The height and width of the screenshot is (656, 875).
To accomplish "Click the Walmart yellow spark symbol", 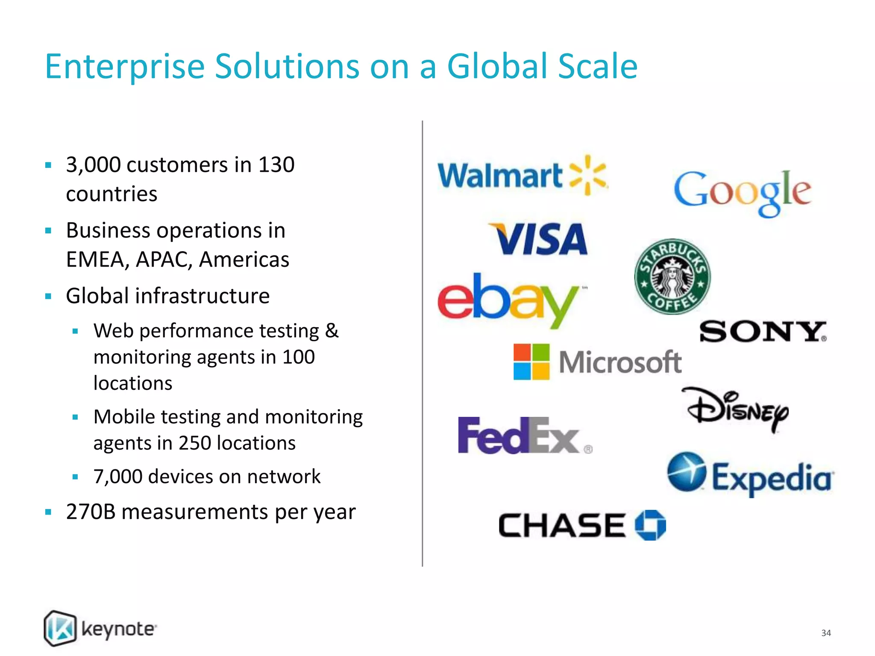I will (x=588, y=175).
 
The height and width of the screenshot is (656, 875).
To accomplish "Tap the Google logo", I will (x=743, y=192).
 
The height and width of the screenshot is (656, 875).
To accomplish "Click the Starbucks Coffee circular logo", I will (x=672, y=277).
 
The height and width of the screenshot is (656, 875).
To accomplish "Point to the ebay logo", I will (x=508, y=299).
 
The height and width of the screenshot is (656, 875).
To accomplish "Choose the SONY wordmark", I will (x=763, y=332).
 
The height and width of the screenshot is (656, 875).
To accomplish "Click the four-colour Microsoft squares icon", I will (x=531, y=362).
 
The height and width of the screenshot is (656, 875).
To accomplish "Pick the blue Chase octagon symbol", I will (x=650, y=525).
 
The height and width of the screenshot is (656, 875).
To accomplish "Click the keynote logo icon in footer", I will (x=60, y=628).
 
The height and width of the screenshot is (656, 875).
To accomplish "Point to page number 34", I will (x=826, y=633).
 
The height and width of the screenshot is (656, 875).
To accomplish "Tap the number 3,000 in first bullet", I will (x=93, y=165).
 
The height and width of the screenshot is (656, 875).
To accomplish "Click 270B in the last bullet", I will (x=91, y=512).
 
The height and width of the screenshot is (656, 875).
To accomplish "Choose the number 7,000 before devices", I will (x=117, y=477).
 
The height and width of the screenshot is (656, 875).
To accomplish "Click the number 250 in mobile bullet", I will (x=195, y=443).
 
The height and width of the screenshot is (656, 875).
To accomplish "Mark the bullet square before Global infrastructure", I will (x=48, y=296).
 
